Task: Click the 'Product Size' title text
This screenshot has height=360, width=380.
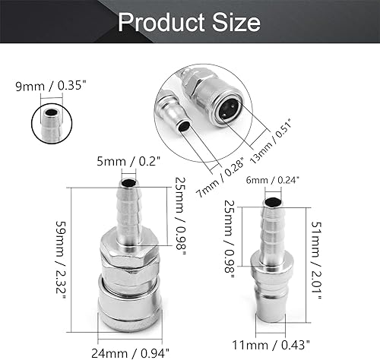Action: pos(189,22)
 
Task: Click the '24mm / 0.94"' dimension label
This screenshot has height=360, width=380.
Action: pos(135,351)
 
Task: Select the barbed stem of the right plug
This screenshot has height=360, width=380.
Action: pos(272,228)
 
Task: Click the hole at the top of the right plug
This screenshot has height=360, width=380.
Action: pos(271,201)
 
